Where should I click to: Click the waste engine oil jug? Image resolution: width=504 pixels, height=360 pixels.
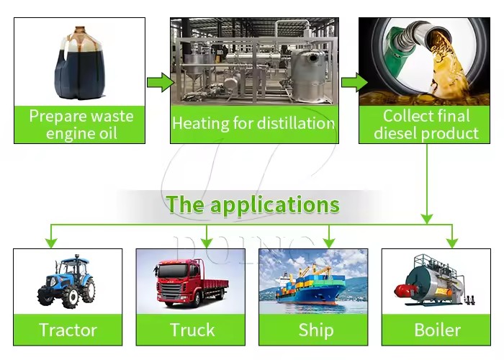(x=81, y=63)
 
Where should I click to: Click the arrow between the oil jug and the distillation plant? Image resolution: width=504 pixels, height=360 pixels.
(x=161, y=82)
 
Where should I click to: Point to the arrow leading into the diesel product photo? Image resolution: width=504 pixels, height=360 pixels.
(x=354, y=82)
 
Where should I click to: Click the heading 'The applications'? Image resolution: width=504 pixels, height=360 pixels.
(x=253, y=204)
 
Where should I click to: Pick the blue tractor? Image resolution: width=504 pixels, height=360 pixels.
(x=66, y=282)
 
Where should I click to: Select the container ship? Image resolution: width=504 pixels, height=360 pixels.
(x=311, y=284)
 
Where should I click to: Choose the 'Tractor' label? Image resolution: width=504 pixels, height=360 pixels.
(x=68, y=330)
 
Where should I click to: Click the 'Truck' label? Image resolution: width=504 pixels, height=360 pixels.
(x=192, y=330)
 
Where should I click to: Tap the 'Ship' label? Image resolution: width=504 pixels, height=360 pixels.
(x=316, y=330)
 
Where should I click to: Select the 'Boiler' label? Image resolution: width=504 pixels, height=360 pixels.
(x=438, y=330)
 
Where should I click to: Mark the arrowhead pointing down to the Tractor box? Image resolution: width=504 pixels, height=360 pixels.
(x=51, y=243)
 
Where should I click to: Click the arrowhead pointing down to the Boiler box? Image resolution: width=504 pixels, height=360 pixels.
(x=452, y=243)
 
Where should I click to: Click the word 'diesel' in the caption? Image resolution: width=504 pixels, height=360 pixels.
(x=396, y=133)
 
